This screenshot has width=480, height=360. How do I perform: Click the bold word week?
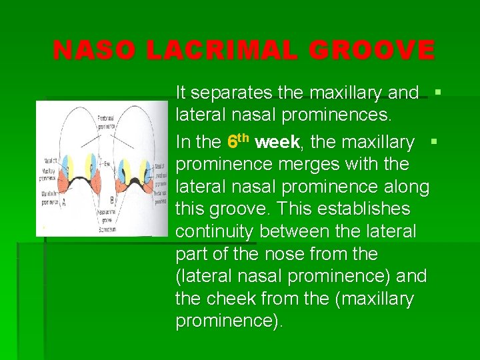[x=277, y=142]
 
